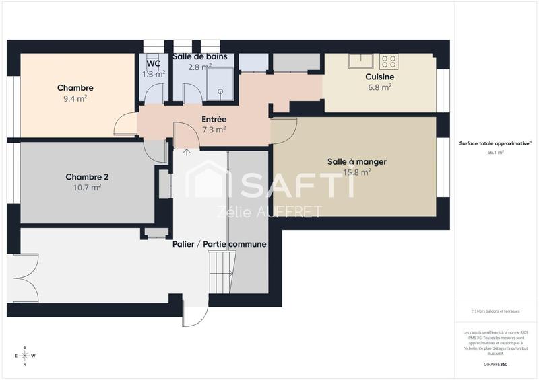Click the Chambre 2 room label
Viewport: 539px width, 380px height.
87,177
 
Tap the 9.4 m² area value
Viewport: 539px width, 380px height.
75,98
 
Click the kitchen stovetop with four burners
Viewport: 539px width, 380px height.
389,62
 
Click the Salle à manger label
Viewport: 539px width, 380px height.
356,161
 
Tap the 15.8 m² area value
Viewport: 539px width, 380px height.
358,172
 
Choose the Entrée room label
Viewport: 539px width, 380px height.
214,119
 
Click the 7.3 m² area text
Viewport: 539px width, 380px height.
214,130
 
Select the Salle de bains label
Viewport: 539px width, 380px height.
204,57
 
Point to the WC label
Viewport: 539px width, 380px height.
153,63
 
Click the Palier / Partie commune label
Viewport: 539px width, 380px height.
219,244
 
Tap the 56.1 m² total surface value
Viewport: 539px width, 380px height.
495,153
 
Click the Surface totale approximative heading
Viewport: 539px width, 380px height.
495,143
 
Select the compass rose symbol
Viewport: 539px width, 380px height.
25,356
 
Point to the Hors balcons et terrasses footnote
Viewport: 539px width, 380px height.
495,311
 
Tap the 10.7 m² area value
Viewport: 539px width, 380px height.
87,188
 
